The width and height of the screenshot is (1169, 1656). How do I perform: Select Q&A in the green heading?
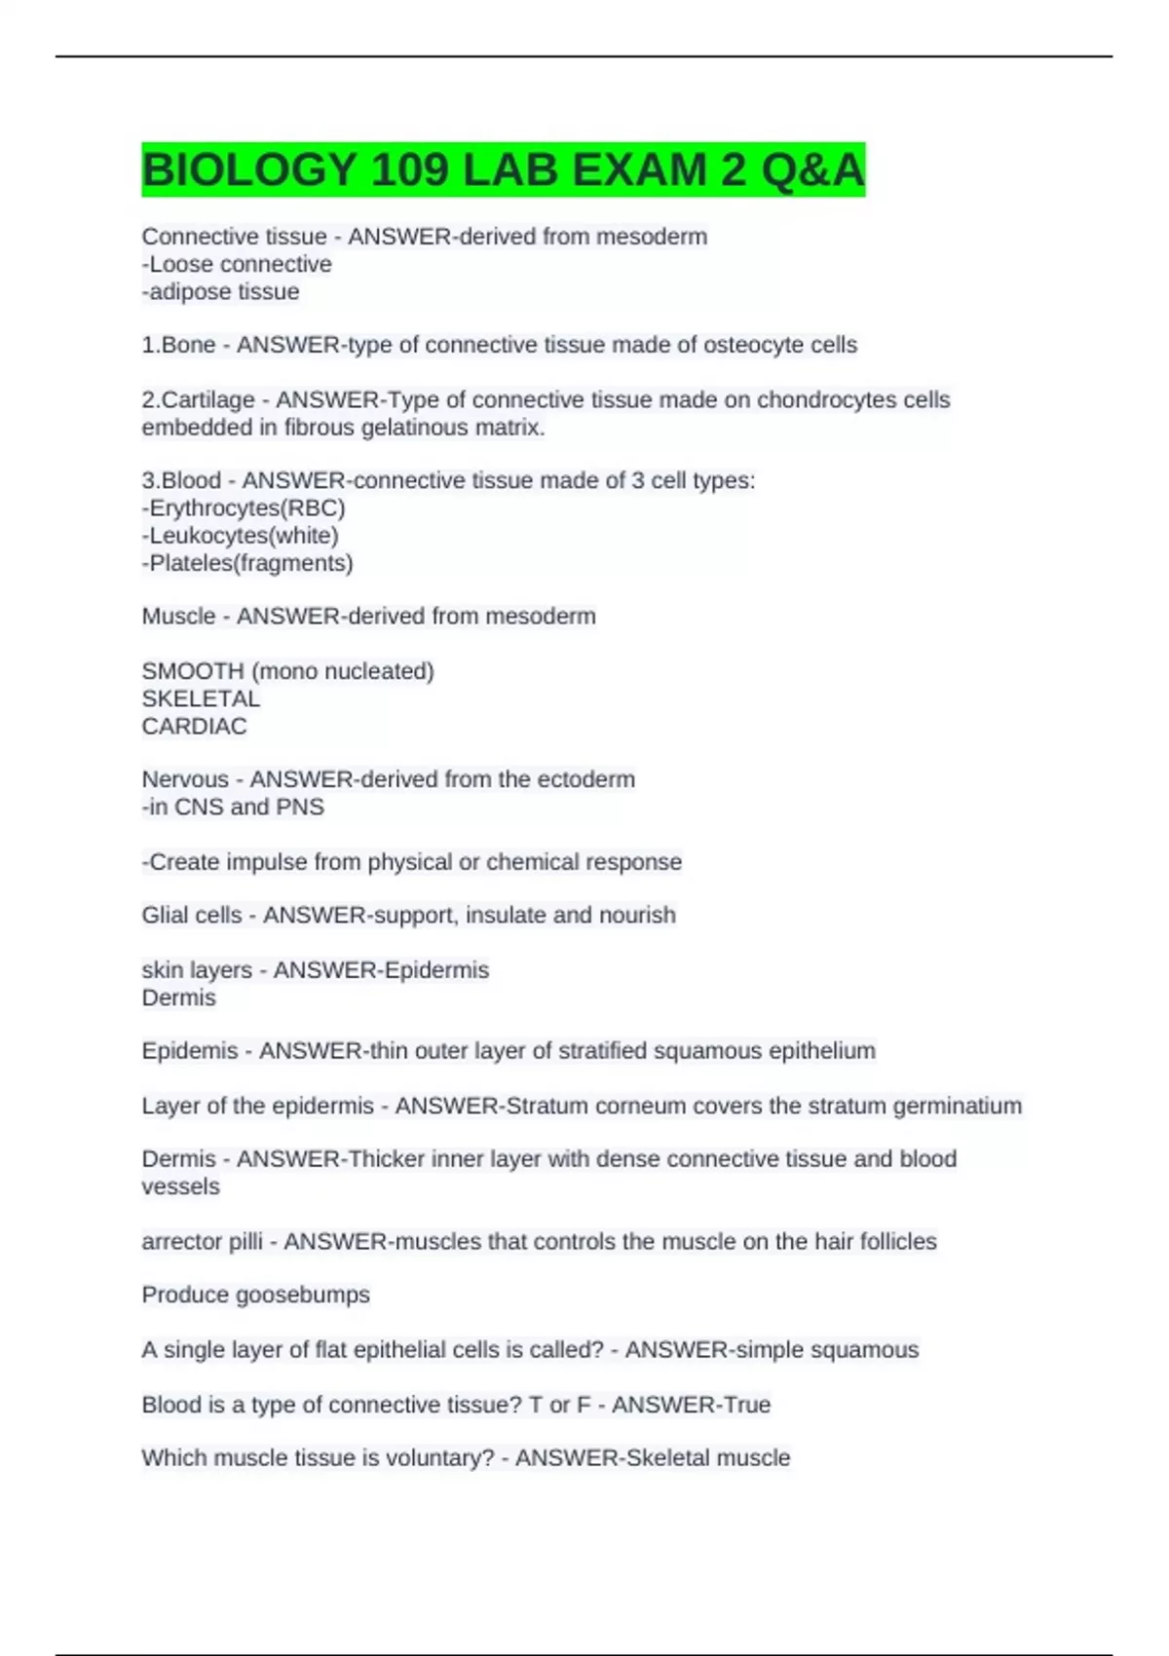[812, 170]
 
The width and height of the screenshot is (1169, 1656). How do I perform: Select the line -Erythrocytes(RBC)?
[244, 508]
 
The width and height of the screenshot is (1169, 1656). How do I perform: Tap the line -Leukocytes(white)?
[241, 535]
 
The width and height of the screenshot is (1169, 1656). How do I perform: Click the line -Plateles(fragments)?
[247, 562]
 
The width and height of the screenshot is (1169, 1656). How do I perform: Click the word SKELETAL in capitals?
[201, 698]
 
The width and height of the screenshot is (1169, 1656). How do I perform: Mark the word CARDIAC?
[194, 726]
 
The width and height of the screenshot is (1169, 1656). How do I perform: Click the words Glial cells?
[192, 915]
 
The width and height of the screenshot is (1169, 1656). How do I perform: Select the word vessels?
[180, 1186]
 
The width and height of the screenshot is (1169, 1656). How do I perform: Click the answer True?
[746, 1405]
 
